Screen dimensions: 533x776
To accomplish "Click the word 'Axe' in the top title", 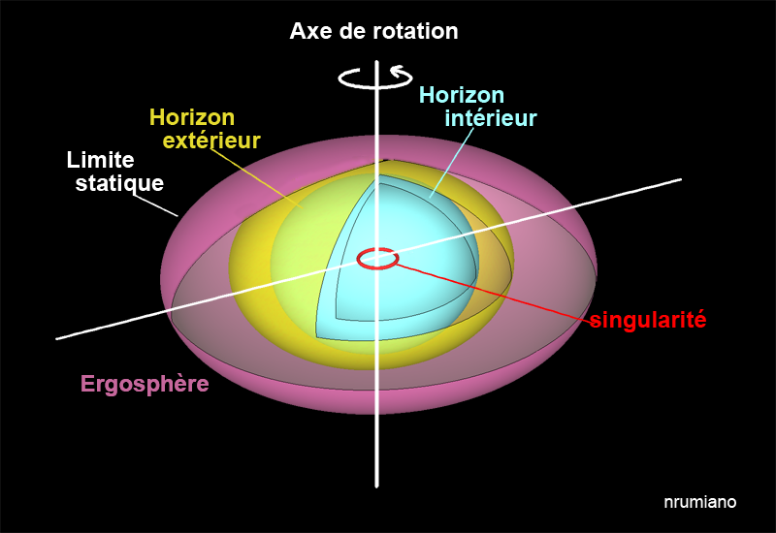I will [309, 31].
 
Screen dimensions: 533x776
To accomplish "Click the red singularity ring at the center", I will [376, 259].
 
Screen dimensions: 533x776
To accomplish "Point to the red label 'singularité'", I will [647, 320].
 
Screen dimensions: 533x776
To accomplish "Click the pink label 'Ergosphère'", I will [145, 384].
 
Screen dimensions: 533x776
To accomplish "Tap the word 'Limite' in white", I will [100, 160].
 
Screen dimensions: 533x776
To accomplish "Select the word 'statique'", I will [119, 182].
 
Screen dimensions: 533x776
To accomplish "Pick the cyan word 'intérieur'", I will [491, 118].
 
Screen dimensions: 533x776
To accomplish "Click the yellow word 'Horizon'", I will [192, 117].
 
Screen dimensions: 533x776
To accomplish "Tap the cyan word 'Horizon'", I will [462, 95].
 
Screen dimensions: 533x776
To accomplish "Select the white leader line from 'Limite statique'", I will [156, 204].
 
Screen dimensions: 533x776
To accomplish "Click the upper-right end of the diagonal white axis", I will [681, 179].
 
